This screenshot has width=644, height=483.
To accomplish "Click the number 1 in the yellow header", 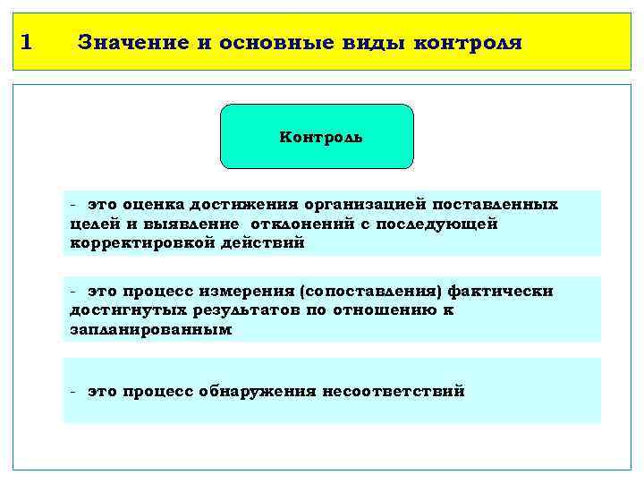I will (x=26, y=41).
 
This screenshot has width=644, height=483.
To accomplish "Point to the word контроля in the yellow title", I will (x=469, y=42).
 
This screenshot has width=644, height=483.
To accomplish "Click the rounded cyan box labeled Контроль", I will (x=318, y=137).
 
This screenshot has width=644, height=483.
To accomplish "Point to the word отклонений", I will (x=304, y=224).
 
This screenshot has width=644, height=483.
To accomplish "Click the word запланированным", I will (x=150, y=329).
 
